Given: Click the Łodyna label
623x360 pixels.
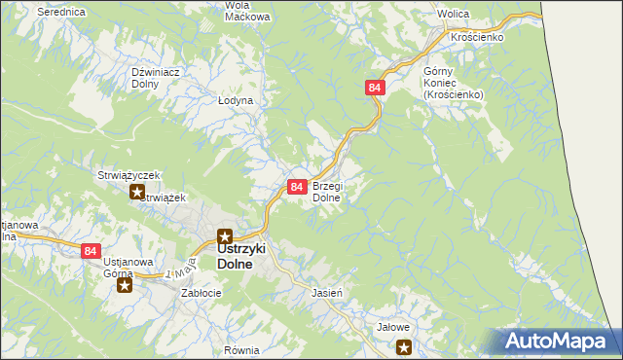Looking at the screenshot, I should click(x=235, y=100).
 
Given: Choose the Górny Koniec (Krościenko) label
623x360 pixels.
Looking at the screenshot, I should click(x=453, y=83).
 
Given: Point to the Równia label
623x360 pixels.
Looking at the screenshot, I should click(x=240, y=350).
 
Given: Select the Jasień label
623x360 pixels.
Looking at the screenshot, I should click(x=325, y=292).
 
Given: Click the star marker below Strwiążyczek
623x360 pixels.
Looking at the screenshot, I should click(x=137, y=192).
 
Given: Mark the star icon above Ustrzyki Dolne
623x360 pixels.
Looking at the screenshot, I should click(x=225, y=235).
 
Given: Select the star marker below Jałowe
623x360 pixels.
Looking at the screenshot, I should click(x=404, y=346).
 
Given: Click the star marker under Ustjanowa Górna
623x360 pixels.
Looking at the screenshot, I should click(x=124, y=286).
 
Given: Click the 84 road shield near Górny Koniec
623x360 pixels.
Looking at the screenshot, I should click(x=377, y=88).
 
